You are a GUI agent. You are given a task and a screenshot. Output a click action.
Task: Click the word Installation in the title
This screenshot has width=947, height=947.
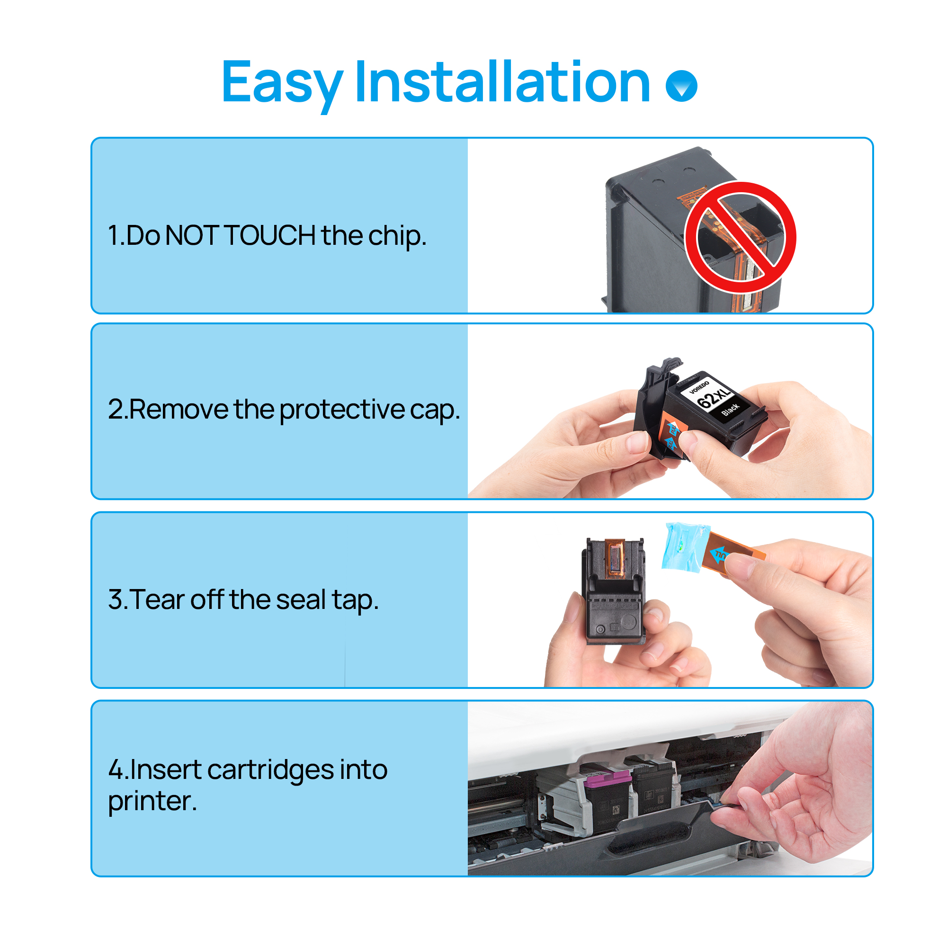tap(502, 82)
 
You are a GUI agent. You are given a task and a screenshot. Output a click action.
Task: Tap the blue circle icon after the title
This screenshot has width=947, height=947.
tap(681, 86)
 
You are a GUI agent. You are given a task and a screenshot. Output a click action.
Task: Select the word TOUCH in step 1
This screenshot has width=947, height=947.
tap(269, 235)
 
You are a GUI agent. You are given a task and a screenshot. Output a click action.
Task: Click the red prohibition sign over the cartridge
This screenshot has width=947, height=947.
tap(740, 238)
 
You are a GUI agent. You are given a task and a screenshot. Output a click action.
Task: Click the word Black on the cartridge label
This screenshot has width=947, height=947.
tap(730, 410)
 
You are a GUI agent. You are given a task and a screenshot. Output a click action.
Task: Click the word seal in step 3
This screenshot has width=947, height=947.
tap(301, 599)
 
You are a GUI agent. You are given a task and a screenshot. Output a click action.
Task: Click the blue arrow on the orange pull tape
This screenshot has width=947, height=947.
tap(719, 554)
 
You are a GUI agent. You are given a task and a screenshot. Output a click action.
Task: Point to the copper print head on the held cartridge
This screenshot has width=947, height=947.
tap(615, 558)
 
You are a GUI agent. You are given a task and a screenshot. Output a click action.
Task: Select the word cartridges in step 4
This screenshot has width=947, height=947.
tap(271, 770)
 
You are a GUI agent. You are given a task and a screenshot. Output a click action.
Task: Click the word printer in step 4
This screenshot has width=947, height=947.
tap(152, 802)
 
